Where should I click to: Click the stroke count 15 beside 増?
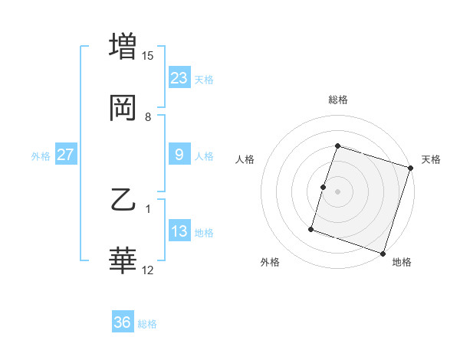coord(148,56)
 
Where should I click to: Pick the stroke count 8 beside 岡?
coord(148,117)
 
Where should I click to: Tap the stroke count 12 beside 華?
coord(148,270)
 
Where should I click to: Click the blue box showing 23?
coord(179,78)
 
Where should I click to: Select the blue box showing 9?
coord(179,155)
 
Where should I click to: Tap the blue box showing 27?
coord(66,155)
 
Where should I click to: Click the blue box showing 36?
coord(123,322)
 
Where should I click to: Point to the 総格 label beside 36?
coord(147,324)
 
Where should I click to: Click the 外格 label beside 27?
coord(41,156)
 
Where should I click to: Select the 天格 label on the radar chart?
coord(431,160)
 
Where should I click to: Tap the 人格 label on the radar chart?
coord(245,160)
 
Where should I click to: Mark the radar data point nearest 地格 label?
coord(383,253)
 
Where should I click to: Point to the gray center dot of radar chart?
coord(338,191)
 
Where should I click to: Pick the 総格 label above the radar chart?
coord(338,100)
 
